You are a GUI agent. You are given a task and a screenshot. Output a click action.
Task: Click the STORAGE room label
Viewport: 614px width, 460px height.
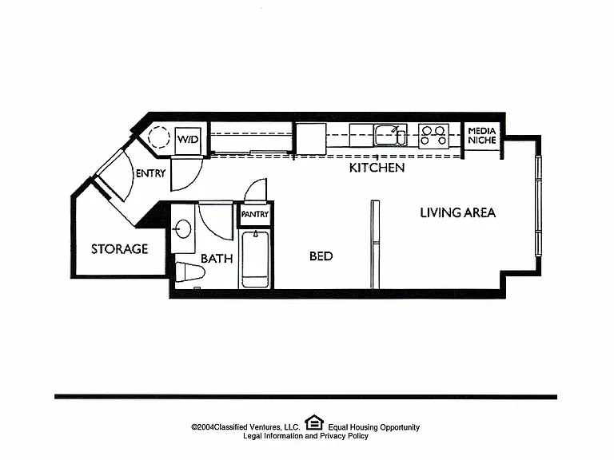(119, 249)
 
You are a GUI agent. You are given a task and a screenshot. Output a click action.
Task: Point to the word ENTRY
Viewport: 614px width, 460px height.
(151, 173)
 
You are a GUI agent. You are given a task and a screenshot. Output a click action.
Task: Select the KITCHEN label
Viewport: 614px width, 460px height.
(377, 168)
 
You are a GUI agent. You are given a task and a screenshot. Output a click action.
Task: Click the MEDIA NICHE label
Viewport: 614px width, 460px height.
(482, 135)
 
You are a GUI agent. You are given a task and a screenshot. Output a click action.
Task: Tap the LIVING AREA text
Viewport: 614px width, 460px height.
(458, 212)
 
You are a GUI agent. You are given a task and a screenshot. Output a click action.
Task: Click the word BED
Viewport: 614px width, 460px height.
(321, 256)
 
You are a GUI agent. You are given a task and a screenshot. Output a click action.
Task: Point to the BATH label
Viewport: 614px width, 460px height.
(217, 259)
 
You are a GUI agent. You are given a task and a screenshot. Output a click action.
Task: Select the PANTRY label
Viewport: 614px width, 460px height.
(255, 214)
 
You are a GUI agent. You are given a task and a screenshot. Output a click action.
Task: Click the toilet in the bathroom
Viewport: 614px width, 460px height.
(190, 272)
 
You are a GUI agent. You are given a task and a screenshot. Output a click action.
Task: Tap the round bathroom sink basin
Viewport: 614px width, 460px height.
(183, 229)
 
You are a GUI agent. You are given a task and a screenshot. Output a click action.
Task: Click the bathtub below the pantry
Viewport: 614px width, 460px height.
(255, 260)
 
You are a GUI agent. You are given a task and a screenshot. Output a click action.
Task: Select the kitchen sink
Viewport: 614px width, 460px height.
(390, 136)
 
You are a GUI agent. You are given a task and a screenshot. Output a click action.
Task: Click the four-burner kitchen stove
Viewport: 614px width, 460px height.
(433, 136)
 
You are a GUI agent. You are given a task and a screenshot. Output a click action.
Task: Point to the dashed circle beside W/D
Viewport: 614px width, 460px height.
(159, 137)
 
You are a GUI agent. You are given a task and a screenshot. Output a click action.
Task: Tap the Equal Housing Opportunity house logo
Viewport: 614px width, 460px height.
(314, 422)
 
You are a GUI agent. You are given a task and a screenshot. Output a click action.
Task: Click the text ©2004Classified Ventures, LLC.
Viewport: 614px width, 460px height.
(245, 427)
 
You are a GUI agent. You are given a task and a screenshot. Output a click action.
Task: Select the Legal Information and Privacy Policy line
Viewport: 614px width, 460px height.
(306, 436)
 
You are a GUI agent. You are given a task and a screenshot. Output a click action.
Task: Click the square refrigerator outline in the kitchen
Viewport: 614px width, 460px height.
(311, 139)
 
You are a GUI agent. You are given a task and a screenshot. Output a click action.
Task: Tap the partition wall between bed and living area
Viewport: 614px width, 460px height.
(375, 245)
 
